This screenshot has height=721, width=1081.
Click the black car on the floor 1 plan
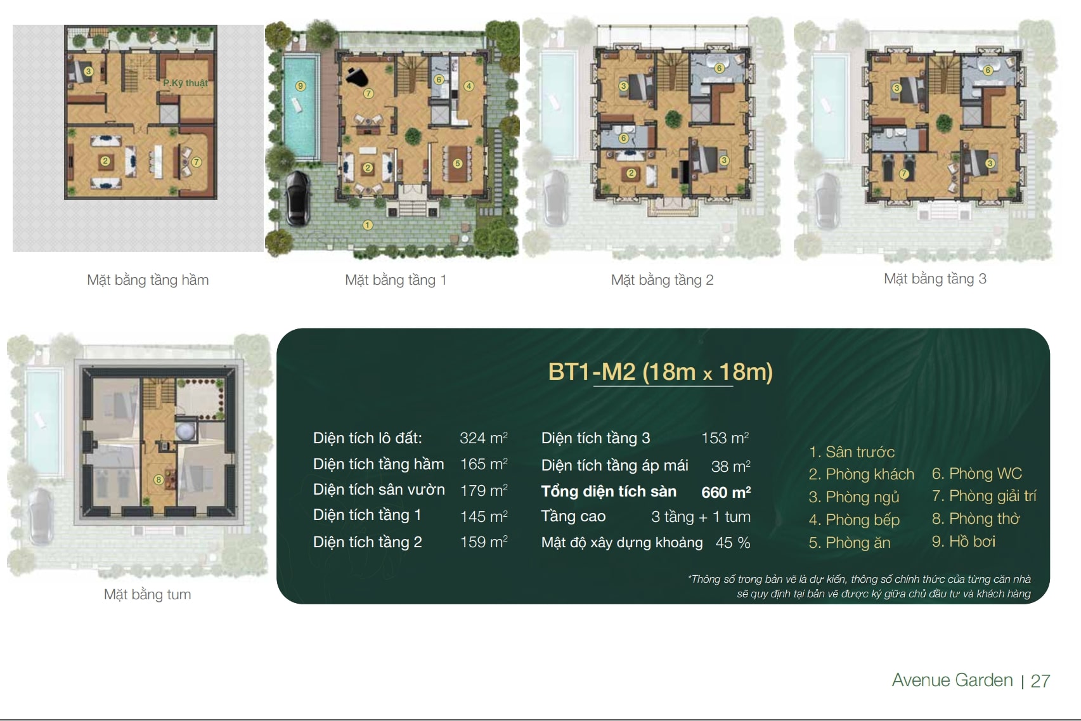point(298,199)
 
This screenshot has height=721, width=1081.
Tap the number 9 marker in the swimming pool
point(301,86)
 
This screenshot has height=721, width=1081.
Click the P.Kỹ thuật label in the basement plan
point(185,83)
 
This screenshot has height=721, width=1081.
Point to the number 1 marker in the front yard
point(368,225)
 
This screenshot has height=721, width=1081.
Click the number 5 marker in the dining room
point(458,164)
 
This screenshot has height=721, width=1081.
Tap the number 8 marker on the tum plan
point(159,479)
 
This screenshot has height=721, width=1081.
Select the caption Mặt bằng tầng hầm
point(148,280)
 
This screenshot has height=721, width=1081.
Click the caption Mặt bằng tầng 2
point(662,280)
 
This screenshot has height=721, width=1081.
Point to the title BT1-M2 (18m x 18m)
point(661,372)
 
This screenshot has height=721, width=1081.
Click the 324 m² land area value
point(484,438)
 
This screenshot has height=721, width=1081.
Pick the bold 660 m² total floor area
point(726,492)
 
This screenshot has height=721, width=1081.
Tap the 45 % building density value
point(733,542)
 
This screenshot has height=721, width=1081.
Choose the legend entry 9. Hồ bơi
point(964,542)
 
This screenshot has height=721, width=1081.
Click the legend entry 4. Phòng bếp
point(854,520)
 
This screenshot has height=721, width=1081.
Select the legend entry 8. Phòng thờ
point(976,519)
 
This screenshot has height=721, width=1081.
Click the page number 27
point(1040,681)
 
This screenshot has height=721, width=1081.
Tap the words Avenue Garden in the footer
point(952,680)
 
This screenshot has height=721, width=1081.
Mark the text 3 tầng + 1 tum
point(701,517)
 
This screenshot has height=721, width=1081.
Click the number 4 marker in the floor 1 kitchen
point(469,86)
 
